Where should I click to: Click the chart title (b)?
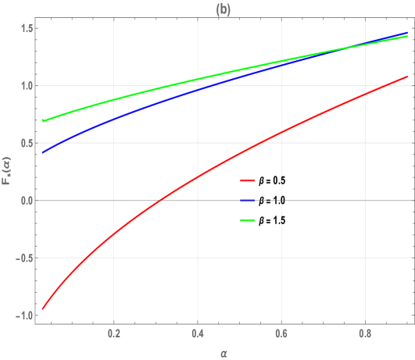(222, 9)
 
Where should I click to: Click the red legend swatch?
(247, 180)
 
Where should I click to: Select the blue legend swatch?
(247, 201)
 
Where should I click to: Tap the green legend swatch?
(247, 221)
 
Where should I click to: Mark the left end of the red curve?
(42, 308)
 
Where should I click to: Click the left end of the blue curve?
(42, 152)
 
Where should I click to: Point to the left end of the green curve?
(42, 121)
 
